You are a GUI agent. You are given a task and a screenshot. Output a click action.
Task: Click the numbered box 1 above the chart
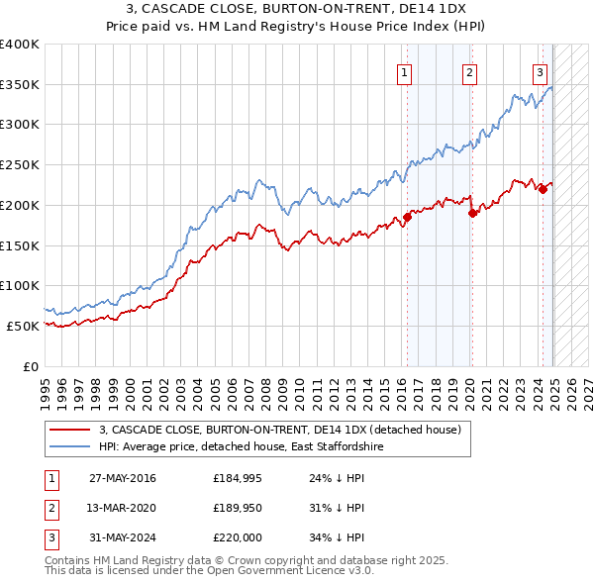click(406, 70)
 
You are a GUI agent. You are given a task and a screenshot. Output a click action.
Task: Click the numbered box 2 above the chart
click(468, 70)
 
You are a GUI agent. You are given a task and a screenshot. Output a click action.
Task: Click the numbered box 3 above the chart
click(540, 70)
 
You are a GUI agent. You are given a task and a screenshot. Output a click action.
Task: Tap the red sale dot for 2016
click(407, 218)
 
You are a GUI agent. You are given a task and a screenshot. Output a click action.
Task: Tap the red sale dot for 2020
click(472, 212)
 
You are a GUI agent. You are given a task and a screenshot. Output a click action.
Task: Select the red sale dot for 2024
click(543, 189)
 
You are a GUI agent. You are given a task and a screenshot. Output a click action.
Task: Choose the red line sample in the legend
click(70, 430)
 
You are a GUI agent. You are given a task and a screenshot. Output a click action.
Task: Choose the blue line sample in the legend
click(70, 447)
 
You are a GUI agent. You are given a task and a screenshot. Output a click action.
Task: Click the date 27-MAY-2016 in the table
click(122, 478)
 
